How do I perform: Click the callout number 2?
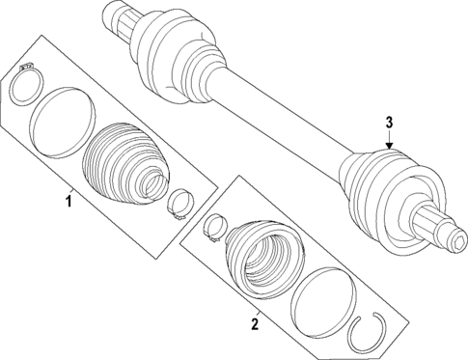coord(254,324)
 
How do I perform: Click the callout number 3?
coord(388,123)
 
